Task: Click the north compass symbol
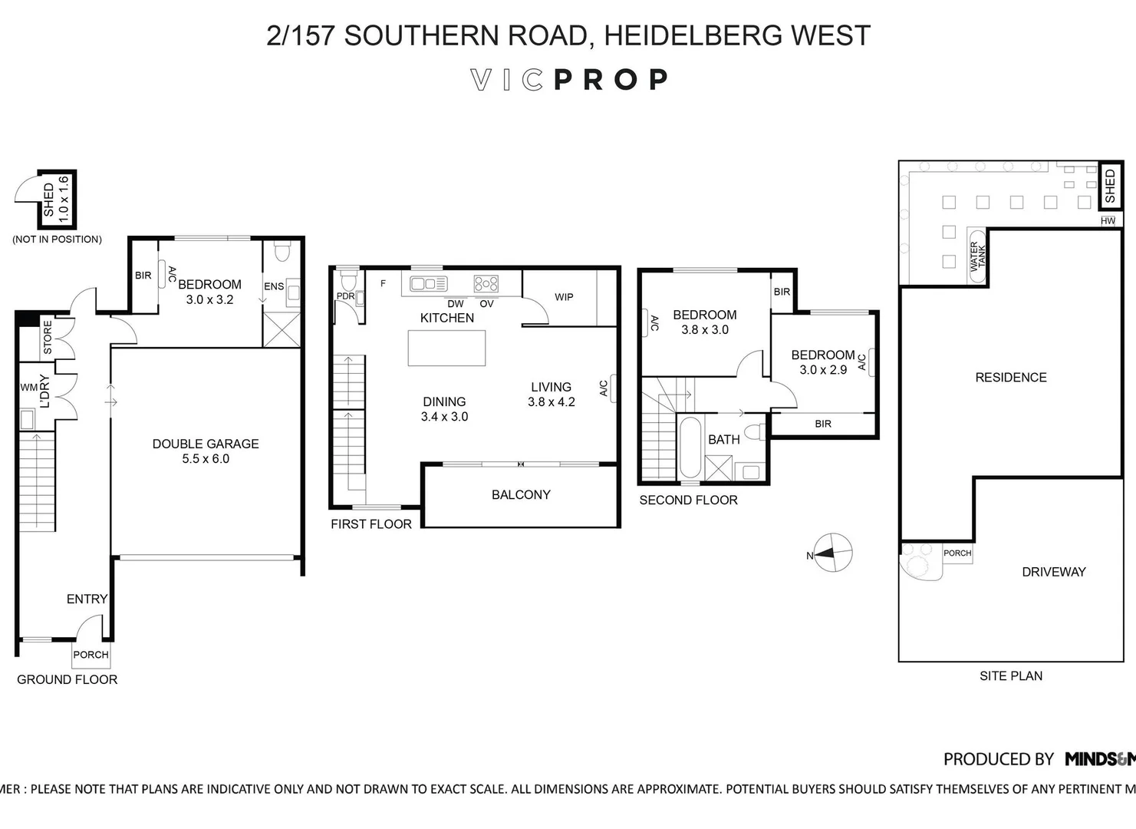[x=832, y=553]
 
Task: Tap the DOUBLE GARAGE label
[x=206, y=444]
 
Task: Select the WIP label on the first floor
[x=564, y=297]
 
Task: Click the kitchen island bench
[x=446, y=348]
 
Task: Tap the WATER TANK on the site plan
[x=977, y=256]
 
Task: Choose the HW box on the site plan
[x=1108, y=221]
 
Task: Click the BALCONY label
[x=521, y=495]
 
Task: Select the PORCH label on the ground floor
[x=91, y=655]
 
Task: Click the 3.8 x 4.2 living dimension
[x=551, y=402]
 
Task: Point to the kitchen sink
[x=428, y=284]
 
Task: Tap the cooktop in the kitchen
[x=486, y=284]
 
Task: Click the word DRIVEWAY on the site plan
[x=1053, y=572]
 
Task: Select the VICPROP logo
[x=568, y=80]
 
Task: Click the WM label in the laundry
[x=28, y=388]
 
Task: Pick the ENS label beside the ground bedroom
[x=274, y=286]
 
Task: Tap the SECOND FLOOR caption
[x=688, y=500]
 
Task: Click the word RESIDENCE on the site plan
[x=1010, y=378]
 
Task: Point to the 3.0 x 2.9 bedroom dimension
[x=823, y=370]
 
